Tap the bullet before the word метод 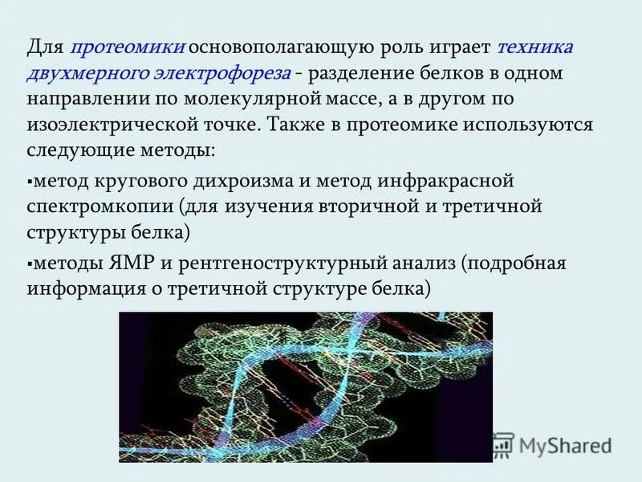tap(30, 182)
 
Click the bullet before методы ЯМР tap(30, 263)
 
